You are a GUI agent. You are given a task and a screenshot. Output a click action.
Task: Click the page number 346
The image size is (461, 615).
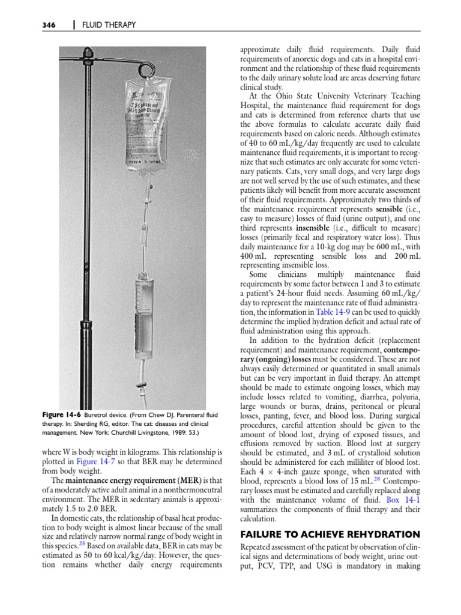[48, 25]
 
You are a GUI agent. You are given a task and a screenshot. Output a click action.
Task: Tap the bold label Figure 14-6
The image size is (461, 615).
[61, 414]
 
